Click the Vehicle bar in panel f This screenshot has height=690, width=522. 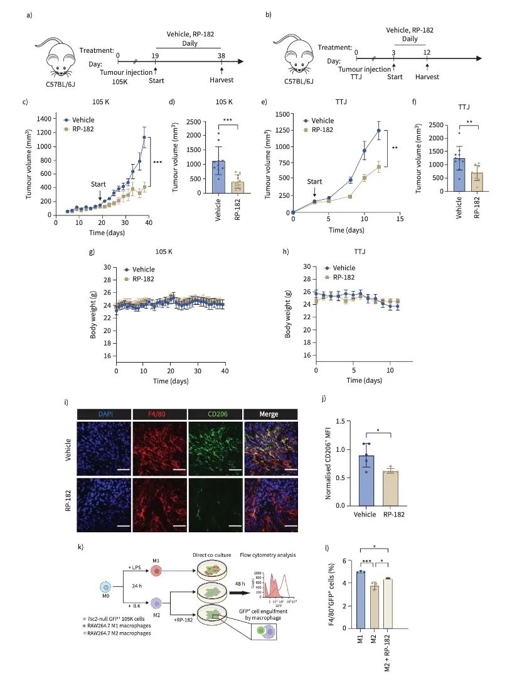click(461, 176)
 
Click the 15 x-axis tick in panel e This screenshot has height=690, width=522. click(400, 219)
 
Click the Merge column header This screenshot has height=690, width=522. click(270, 414)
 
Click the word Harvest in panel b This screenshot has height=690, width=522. click(427, 77)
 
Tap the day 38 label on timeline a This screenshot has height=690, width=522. click(221, 55)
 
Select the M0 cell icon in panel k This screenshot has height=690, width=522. click(105, 586)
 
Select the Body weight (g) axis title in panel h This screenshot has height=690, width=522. click(288, 311)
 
